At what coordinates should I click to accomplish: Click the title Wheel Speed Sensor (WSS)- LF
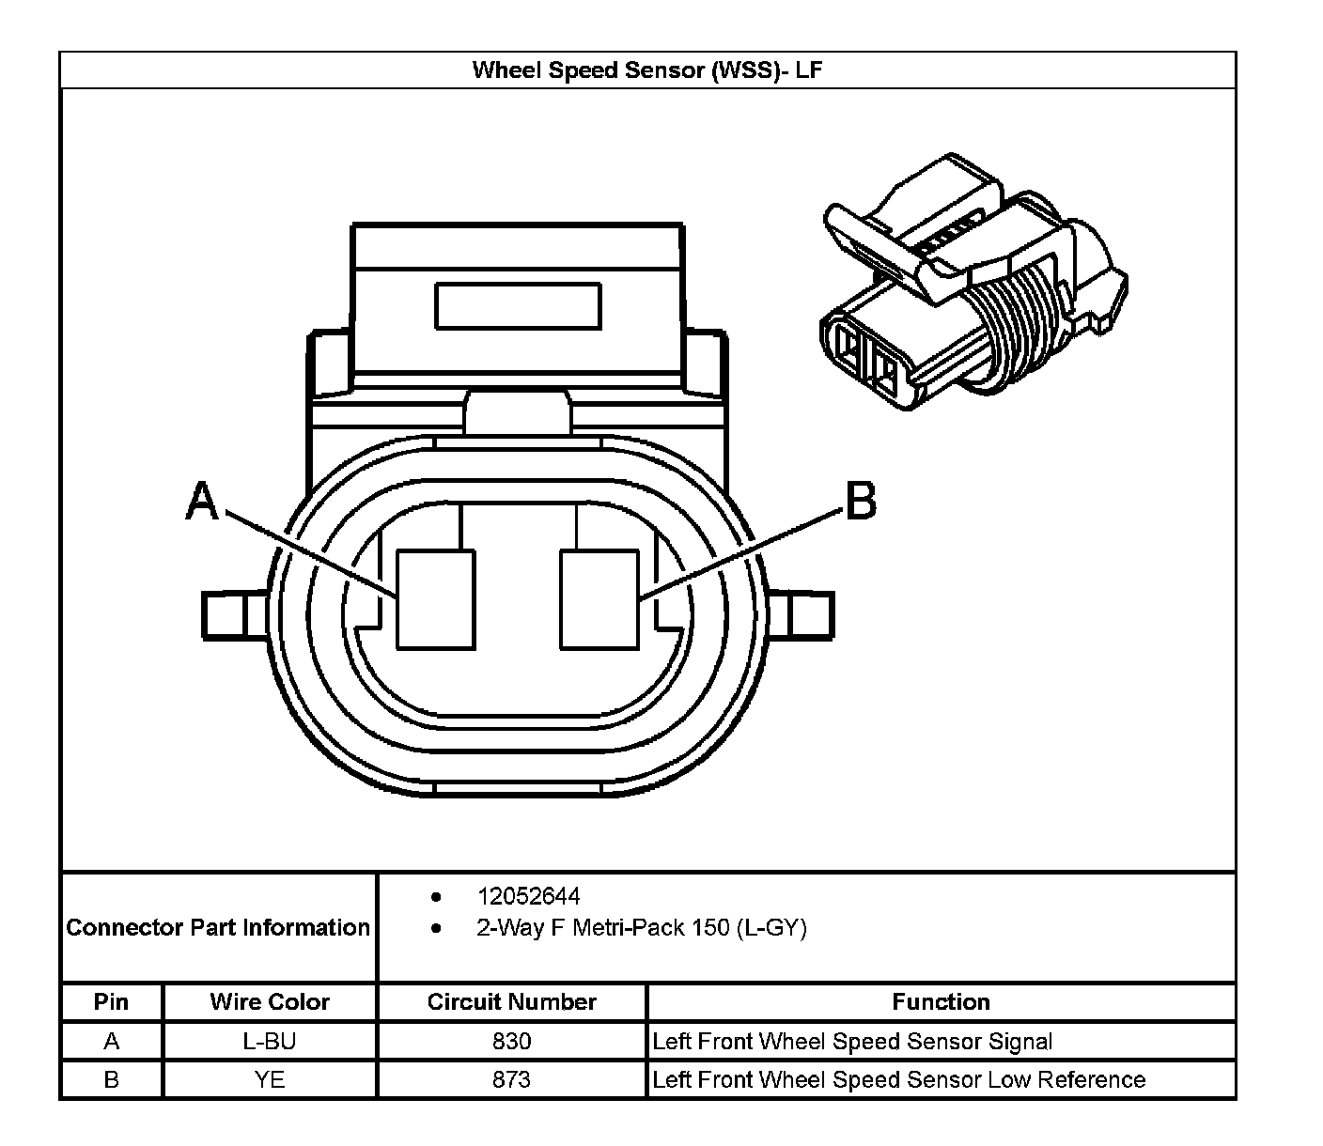pos(647,70)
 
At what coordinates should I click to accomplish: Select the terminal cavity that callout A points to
pos(435,599)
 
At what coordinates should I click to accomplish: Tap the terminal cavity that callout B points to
pos(599,599)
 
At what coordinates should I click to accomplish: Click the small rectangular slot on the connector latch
pos(518,306)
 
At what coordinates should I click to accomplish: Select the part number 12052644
pos(528,896)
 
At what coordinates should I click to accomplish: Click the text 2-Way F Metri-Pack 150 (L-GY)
pos(642,928)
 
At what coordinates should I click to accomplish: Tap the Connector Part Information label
pos(218,928)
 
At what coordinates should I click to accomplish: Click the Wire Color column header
pos(270,1002)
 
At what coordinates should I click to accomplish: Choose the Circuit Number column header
pos(512,1002)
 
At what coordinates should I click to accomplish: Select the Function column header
pos(941,1002)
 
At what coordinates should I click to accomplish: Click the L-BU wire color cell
pos(270,1042)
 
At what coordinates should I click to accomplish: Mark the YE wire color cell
pos(270,1080)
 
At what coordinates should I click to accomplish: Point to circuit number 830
pos(512,1042)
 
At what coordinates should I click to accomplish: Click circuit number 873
pos(512,1080)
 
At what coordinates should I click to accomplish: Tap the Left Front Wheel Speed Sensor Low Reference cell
pos(898,1080)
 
